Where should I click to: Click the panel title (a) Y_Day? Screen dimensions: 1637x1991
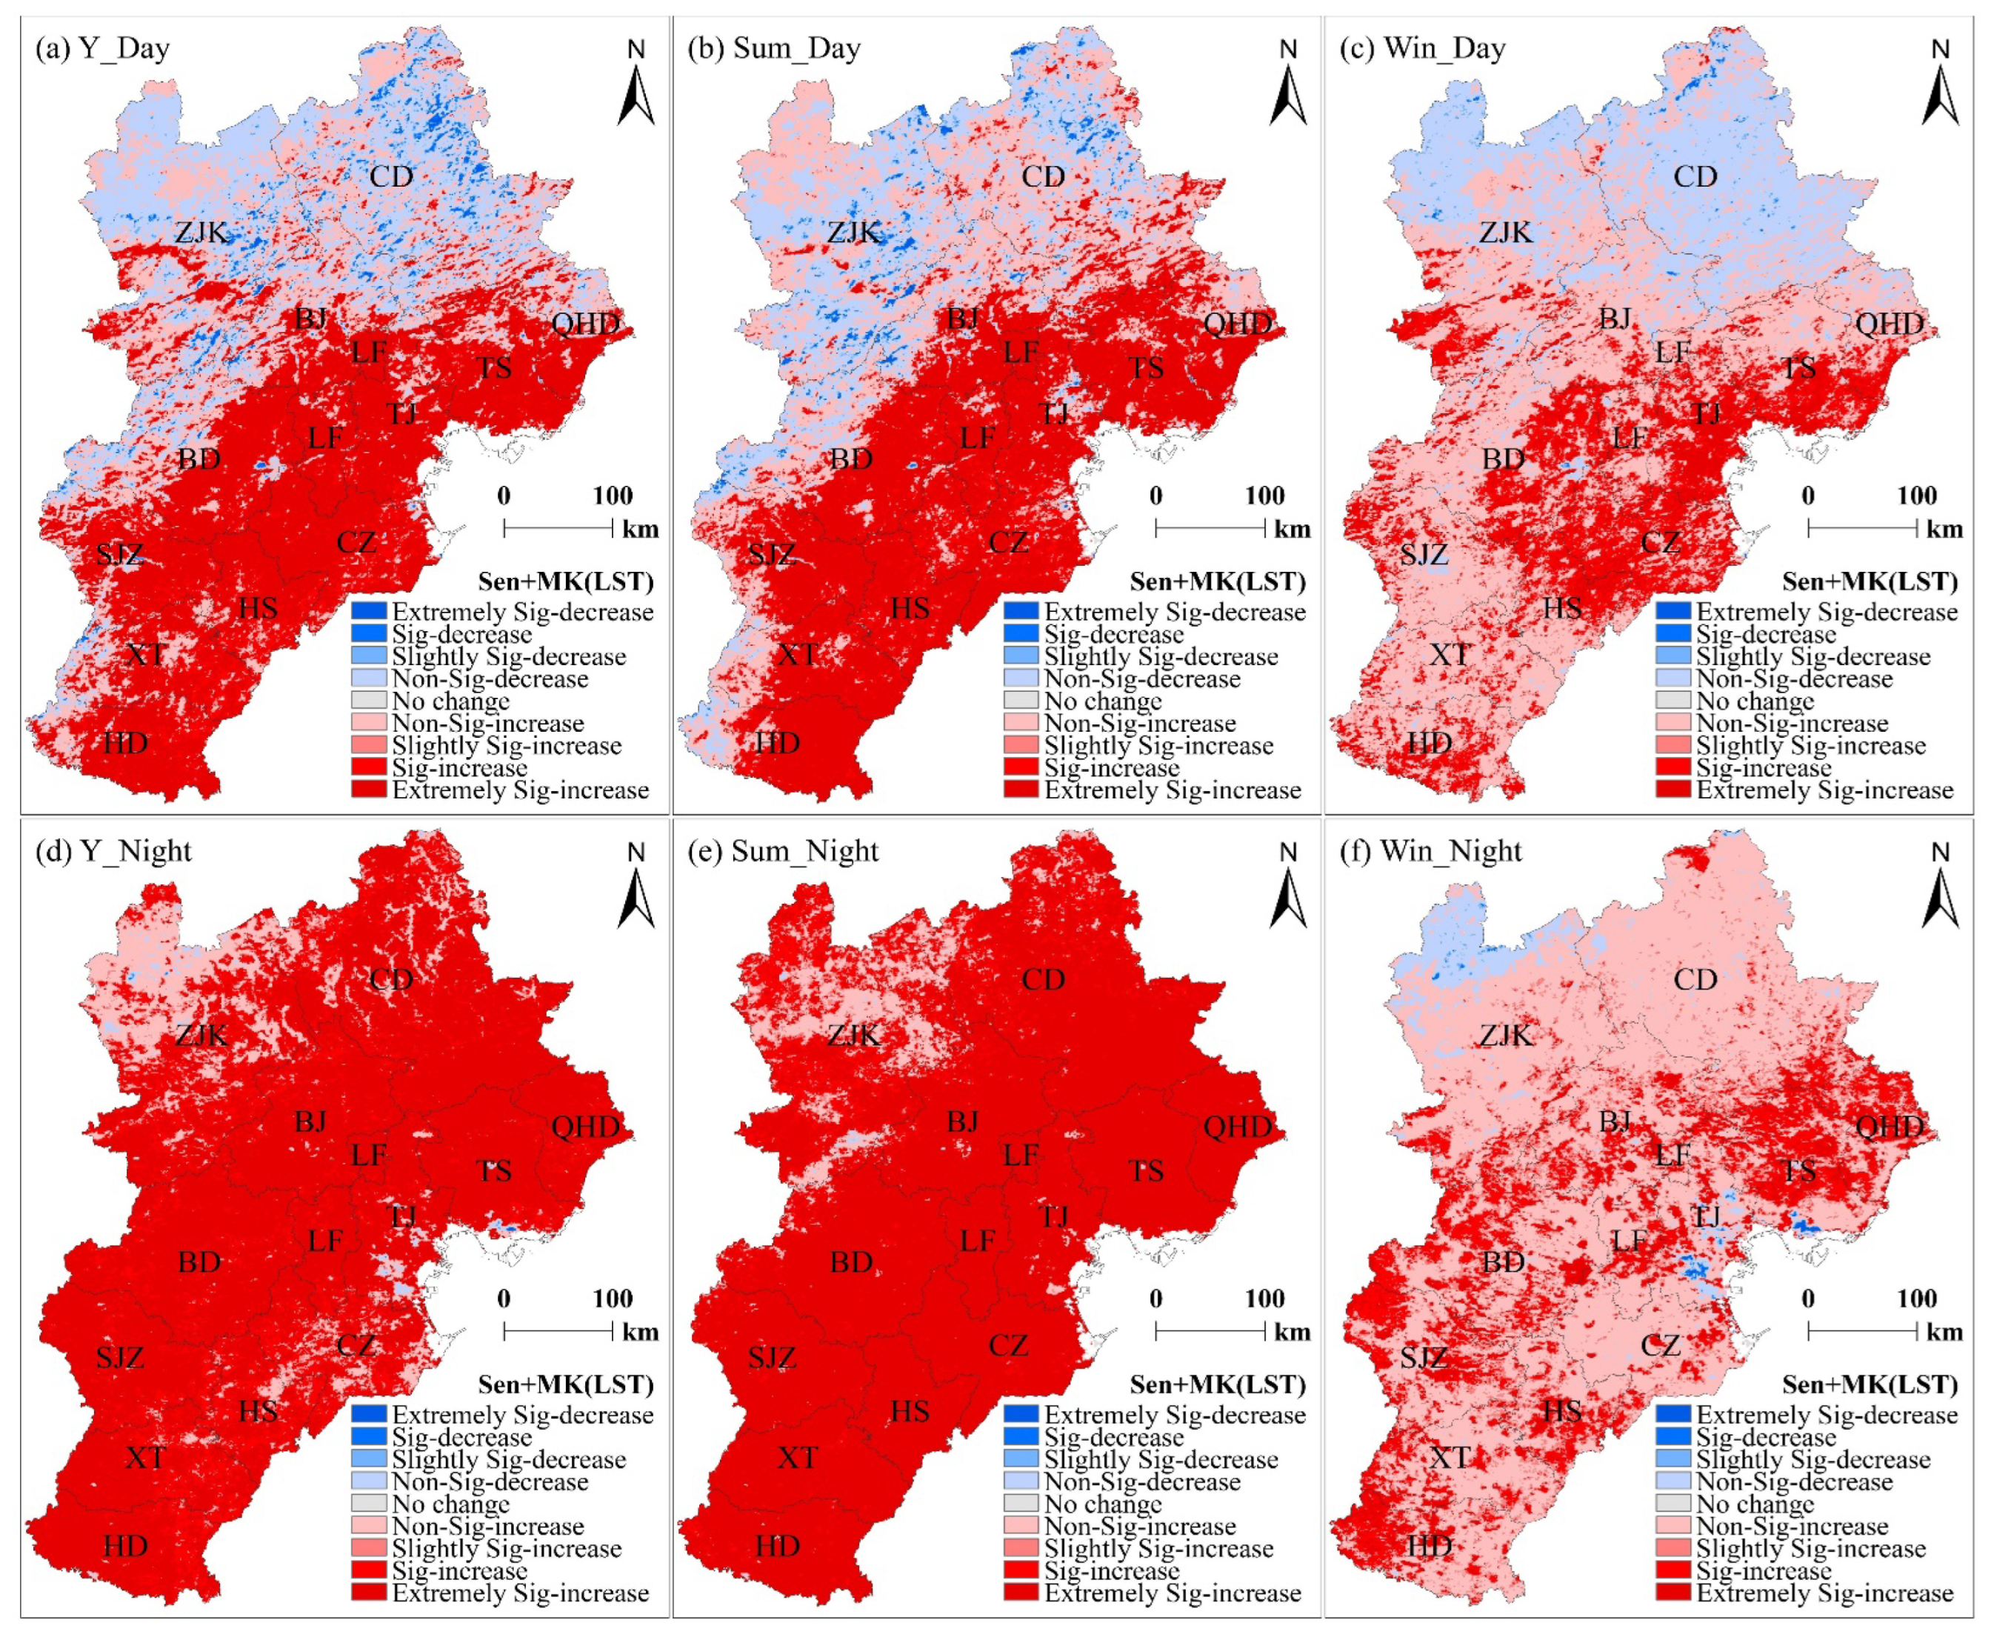pos(101,48)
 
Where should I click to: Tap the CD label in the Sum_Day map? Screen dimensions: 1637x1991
pos(1043,176)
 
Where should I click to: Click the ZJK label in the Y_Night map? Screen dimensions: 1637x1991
pos(201,1036)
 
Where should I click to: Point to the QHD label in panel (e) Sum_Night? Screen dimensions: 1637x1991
pos(1238,1127)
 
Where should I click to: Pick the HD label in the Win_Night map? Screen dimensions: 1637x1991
pos(1429,1547)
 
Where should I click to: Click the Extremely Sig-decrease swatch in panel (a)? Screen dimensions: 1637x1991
pos(369,612)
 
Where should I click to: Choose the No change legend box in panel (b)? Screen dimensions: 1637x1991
pos(1021,701)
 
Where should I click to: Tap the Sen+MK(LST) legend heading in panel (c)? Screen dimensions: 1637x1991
pos(1870,581)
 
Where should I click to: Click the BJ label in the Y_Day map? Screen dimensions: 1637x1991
pos(311,319)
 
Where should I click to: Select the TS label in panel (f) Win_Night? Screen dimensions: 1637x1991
pos(1798,1171)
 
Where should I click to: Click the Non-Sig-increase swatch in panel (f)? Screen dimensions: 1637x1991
pos(1673,1526)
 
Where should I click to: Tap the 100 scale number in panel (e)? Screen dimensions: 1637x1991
pos(1264,1298)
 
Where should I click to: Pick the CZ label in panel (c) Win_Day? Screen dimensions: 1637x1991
pos(1660,542)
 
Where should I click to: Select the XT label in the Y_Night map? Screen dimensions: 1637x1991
pos(145,1458)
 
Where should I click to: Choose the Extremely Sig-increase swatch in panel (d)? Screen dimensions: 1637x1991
pos(369,1593)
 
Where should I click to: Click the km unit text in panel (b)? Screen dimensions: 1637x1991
pos(1292,529)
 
